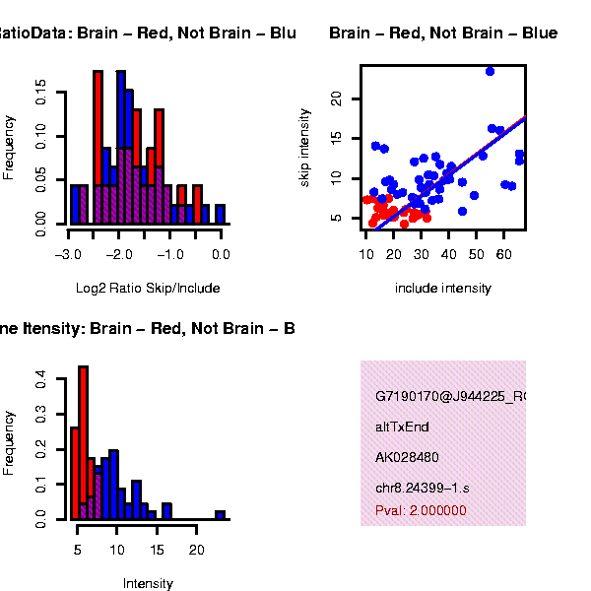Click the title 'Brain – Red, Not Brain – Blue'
tap(443, 33)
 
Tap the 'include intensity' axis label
tap(442, 289)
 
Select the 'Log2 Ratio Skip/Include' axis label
tap(148, 289)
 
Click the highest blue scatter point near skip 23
tap(490, 71)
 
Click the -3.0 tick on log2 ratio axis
tap(68, 254)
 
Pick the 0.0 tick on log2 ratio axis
tap(221, 254)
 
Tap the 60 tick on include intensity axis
tap(504, 254)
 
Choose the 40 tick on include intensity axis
tap(449, 254)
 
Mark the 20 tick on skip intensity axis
tap(336, 98)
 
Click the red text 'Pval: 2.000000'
tap(421, 511)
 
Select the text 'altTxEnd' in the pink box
tap(402, 427)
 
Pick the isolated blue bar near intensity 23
tap(220, 515)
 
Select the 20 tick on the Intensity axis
tap(197, 549)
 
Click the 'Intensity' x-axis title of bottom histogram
tap(148, 583)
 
